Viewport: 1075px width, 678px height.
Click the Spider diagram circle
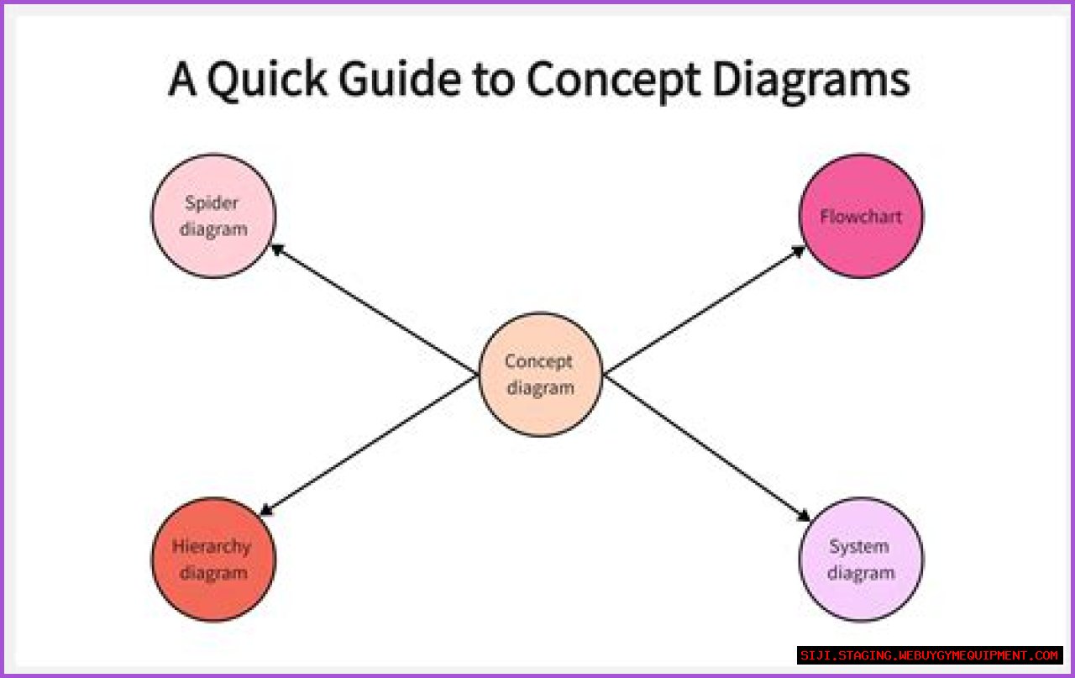[213, 216]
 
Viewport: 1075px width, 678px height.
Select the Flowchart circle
[861, 216]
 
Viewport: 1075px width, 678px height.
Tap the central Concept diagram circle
[540, 375]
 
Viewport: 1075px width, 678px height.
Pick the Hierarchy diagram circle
[213, 560]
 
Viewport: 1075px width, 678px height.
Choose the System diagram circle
[861, 560]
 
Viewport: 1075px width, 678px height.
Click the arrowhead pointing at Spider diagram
[275, 249]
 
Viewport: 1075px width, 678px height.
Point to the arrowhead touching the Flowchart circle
[800, 250]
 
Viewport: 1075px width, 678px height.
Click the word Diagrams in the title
[811, 81]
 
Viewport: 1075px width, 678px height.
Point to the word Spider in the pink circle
[212, 202]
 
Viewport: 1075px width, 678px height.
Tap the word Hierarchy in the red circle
[212, 546]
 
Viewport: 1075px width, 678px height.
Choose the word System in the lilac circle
[858, 546]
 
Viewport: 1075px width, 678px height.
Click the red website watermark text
[929, 655]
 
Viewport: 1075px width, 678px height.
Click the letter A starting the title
[182, 81]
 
